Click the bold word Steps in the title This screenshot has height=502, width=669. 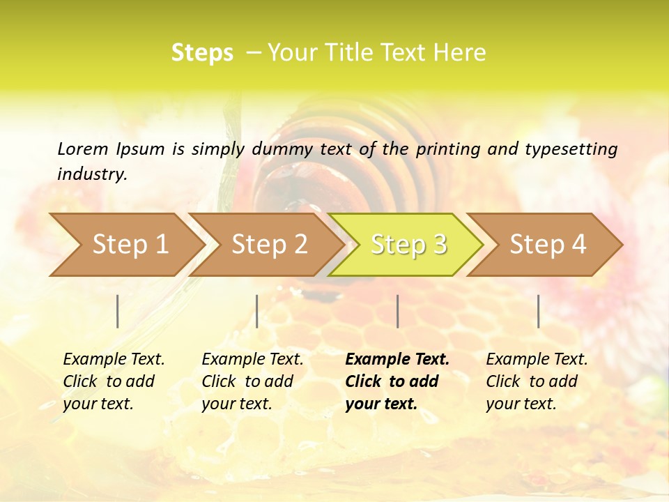pos(202,53)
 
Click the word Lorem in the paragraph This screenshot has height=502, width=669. pos(82,149)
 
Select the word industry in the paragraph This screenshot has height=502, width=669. pos(92,174)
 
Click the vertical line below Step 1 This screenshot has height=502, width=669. pos(118,311)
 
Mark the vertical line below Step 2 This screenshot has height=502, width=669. pos(257,311)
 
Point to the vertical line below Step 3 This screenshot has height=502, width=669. pos(397,311)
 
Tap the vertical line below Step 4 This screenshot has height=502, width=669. pos(538,311)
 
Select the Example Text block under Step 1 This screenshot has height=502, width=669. pos(113,381)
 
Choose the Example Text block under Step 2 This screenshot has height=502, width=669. pos(252,381)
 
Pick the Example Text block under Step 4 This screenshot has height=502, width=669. pos(536,381)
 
